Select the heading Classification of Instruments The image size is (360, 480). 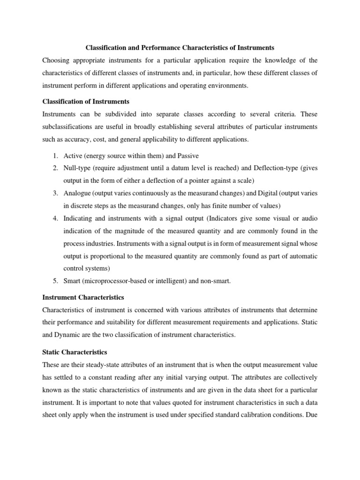pyautogui.click(x=86, y=101)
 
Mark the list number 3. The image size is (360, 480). pyautogui.click(x=54, y=193)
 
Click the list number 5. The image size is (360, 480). pyautogui.click(x=54, y=281)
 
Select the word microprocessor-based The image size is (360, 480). pyautogui.click(x=118, y=281)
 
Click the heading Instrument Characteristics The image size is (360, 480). pyautogui.click(x=83, y=297)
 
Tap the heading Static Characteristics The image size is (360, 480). pyautogui.click(x=75, y=352)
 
